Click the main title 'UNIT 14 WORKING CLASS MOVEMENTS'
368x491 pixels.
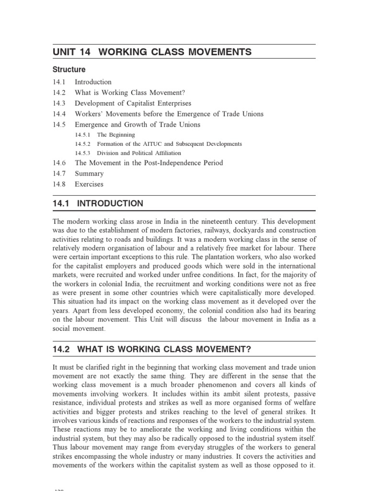coord(152,52)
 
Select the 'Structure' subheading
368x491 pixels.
coord(69,70)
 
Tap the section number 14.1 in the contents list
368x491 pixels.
coord(59,82)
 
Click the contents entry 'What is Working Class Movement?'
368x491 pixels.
coord(129,93)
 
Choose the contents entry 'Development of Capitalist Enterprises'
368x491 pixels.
coord(133,103)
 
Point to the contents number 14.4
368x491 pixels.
coord(59,114)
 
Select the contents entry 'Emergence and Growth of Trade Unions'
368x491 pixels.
coord(138,125)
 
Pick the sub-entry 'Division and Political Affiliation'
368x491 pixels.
coord(138,153)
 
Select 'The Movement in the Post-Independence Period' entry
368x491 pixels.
coord(149,163)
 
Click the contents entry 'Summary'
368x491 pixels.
coord(89,174)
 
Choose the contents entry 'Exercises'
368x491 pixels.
coord(89,184)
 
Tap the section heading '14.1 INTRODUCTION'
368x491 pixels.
coord(98,203)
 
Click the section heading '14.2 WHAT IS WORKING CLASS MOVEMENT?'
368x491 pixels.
coord(152,349)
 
